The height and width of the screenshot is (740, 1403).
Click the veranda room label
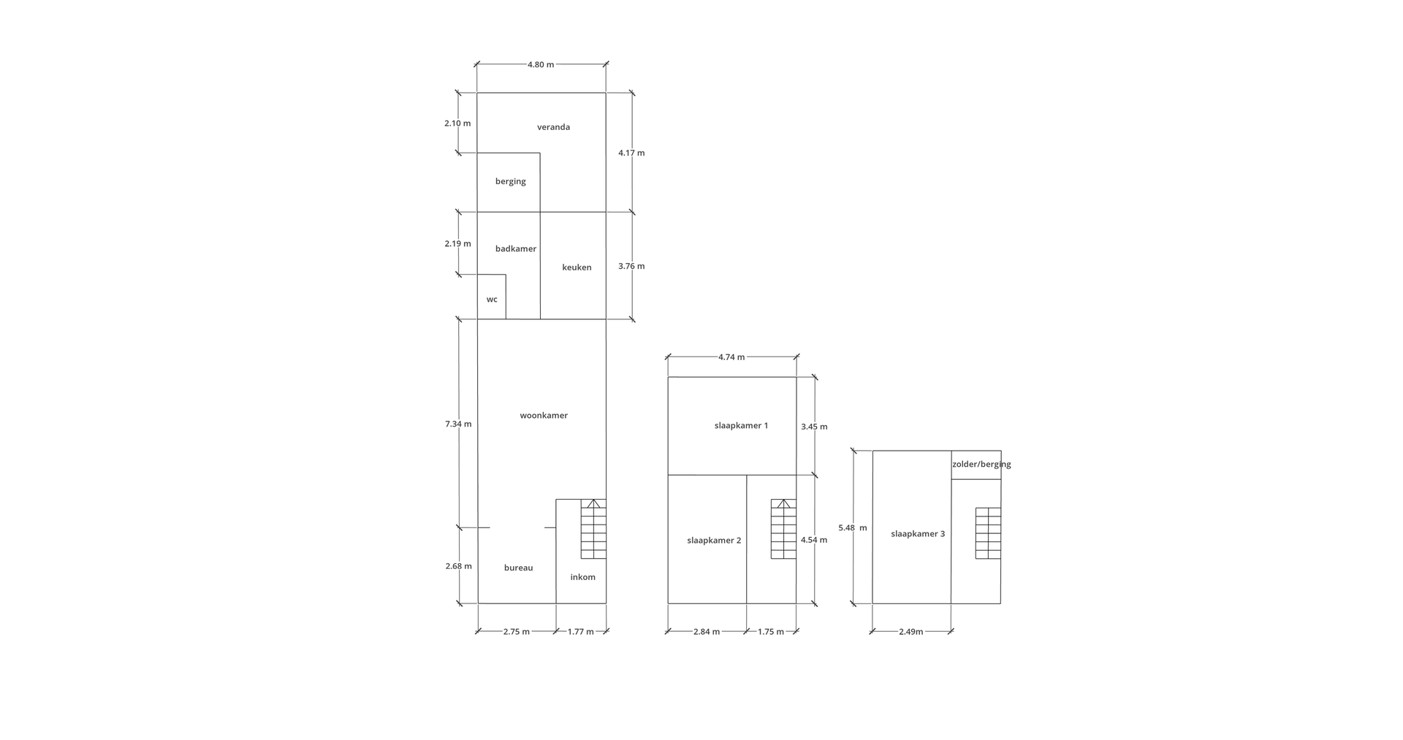[x=553, y=127]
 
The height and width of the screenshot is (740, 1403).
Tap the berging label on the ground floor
[x=510, y=182]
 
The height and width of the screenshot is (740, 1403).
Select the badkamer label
[x=515, y=249]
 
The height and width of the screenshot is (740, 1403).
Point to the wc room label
[x=492, y=300]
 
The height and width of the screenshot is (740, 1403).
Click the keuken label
[x=577, y=267]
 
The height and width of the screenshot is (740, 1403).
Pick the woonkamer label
[x=544, y=416]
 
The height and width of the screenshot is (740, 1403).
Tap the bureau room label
[x=518, y=568]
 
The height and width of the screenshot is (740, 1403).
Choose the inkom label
[x=582, y=577]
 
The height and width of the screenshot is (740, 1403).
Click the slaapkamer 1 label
[x=741, y=426]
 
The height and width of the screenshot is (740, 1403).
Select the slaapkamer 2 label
[x=714, y=541]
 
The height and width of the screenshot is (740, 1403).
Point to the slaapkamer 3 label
[x=918, y=534]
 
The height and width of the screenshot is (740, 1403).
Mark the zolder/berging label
[x=981, y=465]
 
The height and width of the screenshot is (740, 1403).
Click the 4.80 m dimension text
[x=541, y=64]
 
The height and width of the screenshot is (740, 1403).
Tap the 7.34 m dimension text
[x=458, y=424]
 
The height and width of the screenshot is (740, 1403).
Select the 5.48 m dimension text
[x=853, y=527]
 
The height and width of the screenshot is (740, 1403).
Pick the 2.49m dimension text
[x=910, y=632]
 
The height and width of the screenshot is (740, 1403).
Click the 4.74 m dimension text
[x=731, y=357]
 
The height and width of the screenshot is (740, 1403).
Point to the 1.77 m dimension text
[x=581, y=632]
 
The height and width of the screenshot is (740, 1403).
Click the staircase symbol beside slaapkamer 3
[x=988, y=533]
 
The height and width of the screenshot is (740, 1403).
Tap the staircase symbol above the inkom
[x=593, y=529]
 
